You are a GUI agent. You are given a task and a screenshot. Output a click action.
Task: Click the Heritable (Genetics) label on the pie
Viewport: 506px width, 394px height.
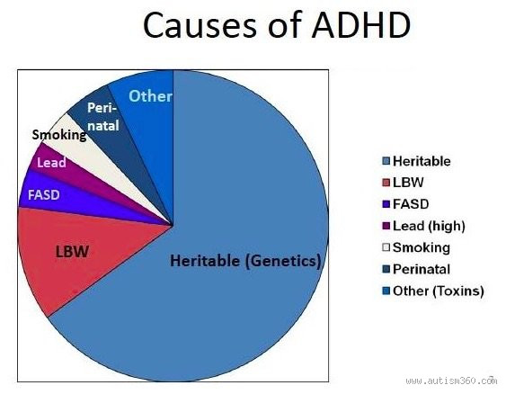(x=245, y=262)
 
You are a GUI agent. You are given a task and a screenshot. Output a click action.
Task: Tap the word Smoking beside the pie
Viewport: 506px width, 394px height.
(x=58, y=135)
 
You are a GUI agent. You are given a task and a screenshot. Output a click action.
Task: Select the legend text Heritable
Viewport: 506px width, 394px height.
(x=422, y=161)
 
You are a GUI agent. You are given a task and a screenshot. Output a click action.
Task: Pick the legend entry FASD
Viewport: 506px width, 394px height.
(x=410, y=204)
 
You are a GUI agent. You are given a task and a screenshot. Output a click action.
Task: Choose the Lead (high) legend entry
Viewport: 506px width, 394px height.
(x=427, y=226)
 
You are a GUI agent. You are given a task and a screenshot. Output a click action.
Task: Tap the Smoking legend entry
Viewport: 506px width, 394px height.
(x=421, y=247)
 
